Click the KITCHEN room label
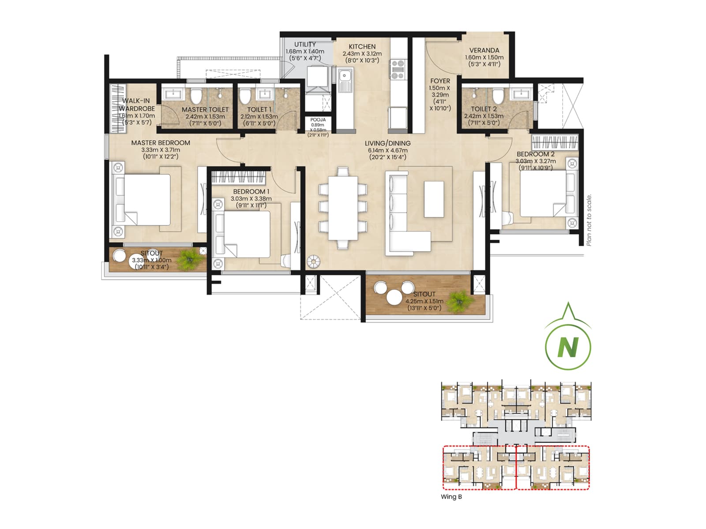[362, 46]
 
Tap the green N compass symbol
[568, 347]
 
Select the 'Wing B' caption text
[451, 497]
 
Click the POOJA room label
[318, 120]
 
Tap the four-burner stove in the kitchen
[397, 70]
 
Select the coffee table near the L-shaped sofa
[434, 199]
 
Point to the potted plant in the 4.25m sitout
[459, 302]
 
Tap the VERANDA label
[484, 50]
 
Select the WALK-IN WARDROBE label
[136, 104]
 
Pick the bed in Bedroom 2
[545, 193]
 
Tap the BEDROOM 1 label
[251, 191]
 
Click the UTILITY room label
[305, 44]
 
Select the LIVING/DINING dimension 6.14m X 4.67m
[387, 150]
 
